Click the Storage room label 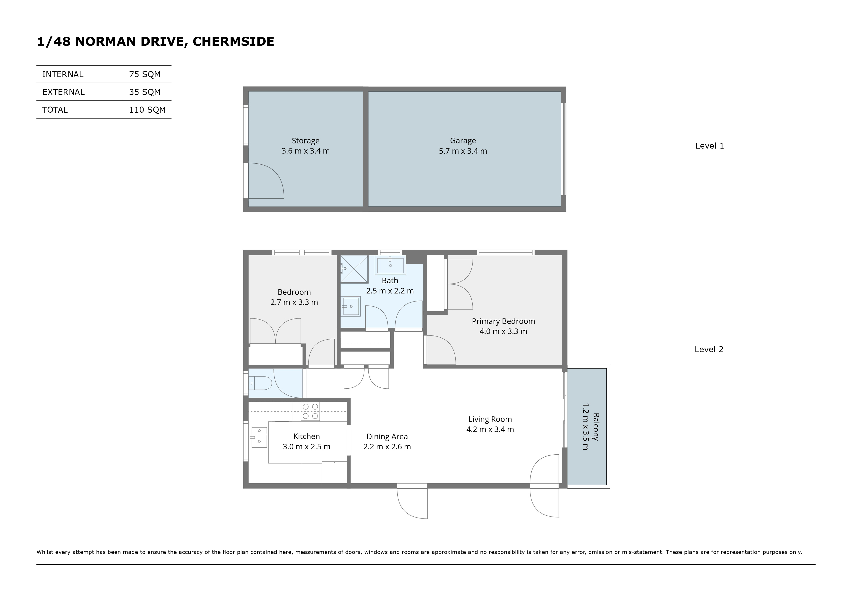pos(305,141)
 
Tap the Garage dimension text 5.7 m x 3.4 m pos(463,151)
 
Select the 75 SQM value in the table pos(145,74)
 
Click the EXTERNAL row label pos(63,92)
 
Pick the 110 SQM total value pos(147,110)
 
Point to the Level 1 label pos(709,146)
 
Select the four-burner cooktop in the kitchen pos(310,411)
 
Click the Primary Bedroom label pos(503,321)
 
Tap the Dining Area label pos(387,436)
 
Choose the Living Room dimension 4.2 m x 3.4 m pos(490,429)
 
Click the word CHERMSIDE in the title pos(233,41)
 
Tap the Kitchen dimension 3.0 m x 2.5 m pos(307,447)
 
